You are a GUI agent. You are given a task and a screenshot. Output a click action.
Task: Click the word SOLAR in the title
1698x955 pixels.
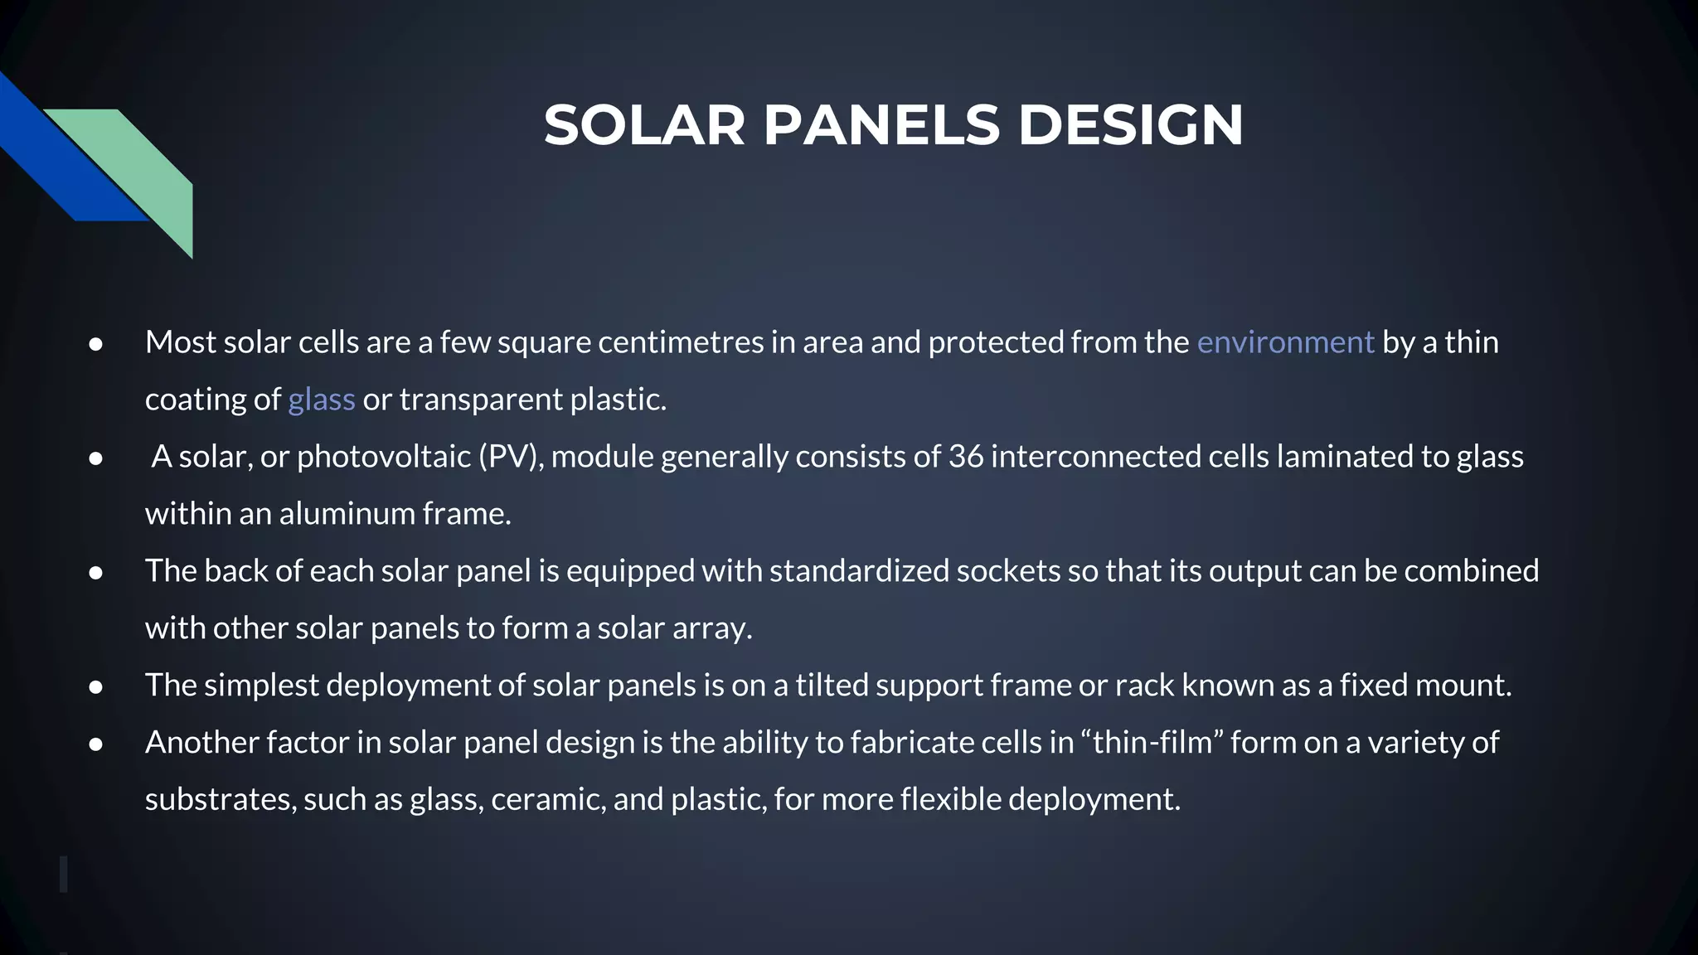click(644, 126)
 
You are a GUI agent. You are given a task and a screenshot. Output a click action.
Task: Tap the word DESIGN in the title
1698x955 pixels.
click(1130, 126)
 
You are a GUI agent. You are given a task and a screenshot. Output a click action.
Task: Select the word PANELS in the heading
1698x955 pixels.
click(881, 126)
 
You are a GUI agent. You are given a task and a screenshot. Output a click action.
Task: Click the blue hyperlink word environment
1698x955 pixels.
click(1285, 342)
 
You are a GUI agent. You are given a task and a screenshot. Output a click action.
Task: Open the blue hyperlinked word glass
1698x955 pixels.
click(321, 400)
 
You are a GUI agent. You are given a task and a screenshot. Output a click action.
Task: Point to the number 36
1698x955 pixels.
click(966, 457)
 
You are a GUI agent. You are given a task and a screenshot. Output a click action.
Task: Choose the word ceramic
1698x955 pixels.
click(548, 800)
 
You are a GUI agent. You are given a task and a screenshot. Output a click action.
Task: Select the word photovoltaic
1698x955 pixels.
click(384, 457)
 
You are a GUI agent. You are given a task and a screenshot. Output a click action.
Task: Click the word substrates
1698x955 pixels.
click(221, 800)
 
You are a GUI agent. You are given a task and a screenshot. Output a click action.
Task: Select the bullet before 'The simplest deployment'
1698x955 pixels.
click(95, 687)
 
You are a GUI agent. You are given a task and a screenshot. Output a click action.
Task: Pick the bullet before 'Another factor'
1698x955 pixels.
click(95, 744)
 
